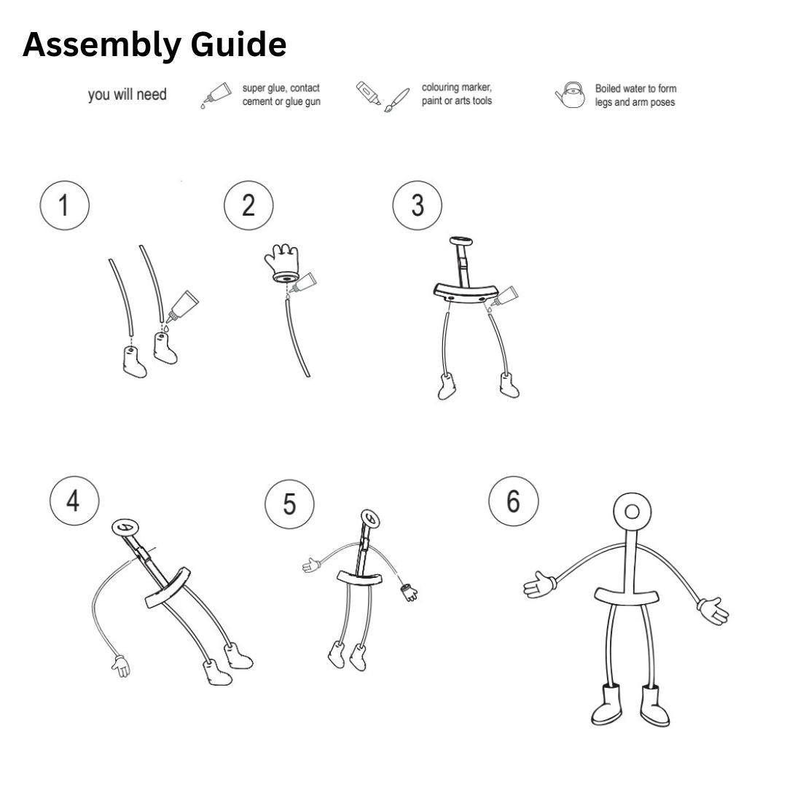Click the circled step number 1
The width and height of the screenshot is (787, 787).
coord(64,205)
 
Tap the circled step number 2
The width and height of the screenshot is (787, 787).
coord(248,205)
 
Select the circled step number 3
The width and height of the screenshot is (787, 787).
coord(417,205)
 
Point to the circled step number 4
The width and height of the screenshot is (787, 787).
coord(74,502)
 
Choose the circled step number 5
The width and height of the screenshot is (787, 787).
coord(289,504)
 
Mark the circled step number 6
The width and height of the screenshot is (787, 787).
coord(513,502)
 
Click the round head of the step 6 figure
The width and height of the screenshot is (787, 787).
coord(632,512)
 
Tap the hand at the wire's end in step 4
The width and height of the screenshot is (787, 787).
coord(120,665)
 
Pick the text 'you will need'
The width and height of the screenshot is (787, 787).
coord(127,95)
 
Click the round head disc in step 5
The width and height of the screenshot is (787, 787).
coord(371,519)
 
